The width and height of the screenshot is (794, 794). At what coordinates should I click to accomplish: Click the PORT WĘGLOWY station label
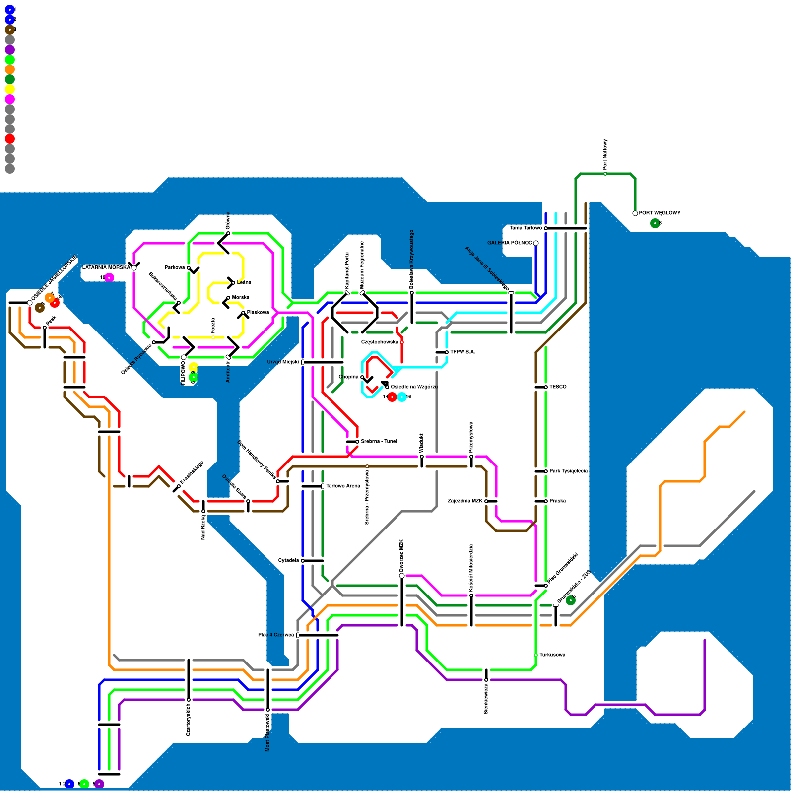pyautogui.click(x=660, y=213)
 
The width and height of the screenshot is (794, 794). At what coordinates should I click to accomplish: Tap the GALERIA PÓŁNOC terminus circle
pyautogui.click(x=536, y=243)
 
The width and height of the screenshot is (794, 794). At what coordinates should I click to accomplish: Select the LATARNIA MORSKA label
pyautogui.click(x=106, y=268)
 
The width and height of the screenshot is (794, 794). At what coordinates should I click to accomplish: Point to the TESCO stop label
pyautogui.click(x=558, y=387)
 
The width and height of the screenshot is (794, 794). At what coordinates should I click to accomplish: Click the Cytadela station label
pyautogui.click(x=288, y=561)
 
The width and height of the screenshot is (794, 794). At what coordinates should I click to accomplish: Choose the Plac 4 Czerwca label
pyautogui.click(x=276, y=635)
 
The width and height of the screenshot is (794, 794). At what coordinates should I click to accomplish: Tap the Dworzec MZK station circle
pyautogui.click(x=402, y=576)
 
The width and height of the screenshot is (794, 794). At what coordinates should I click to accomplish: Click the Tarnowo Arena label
pyautogui.click(x=343, y=486)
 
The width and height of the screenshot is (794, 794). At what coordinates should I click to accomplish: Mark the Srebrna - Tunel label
pyautogui.click(x=379, y=442)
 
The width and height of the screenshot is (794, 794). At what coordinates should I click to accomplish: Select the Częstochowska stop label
pyautogui.click(x=380, y=342)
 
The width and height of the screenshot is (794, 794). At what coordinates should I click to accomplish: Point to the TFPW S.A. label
pyautogui.click(x=463, y=352)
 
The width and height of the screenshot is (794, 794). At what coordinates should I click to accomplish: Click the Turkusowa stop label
pyautogui.click(x=552, y=655)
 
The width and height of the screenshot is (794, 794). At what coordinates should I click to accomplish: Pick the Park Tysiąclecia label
pyautogui.click(x=568, y=471)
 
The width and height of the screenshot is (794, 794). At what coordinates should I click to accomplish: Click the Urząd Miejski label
pyautogui.click(x=283, y=362)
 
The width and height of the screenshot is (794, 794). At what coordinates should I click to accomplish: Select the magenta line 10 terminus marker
pyautogui.click(x=109, y=277)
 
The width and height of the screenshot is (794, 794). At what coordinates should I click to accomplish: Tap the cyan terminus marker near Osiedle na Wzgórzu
pyautogui.click(x=402, y=397)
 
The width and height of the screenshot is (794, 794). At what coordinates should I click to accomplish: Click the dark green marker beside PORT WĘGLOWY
pyautogui.click(x=655, y=223)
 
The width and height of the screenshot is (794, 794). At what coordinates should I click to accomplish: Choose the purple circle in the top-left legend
pyautogui.click(x=10, y=50)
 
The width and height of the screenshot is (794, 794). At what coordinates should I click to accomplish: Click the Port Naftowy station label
pyautogui.click(x=605, y=154)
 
